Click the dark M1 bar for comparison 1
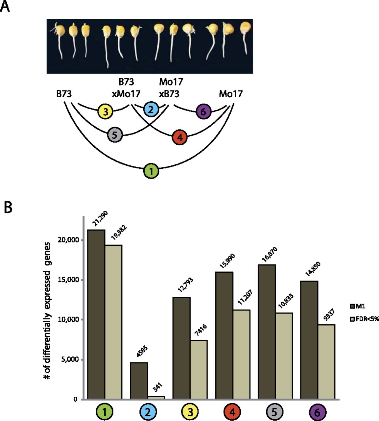pos(96,314)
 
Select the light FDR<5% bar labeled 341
pos(156,398)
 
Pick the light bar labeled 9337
pos(326,362)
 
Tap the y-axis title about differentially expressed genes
pos(47,310)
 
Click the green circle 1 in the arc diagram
pos(151,171)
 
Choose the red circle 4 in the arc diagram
pos(180,137)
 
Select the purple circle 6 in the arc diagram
pos(203,112)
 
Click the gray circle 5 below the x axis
pos(275,411)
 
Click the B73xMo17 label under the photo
pos(126,87)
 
